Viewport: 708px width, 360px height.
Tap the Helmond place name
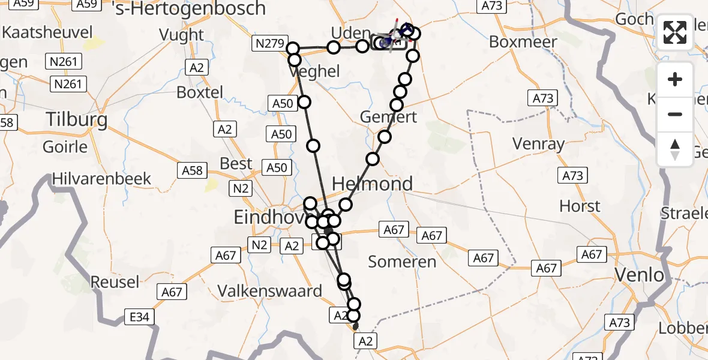(x=372, y=184)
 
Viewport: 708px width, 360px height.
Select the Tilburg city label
(x=78, y=120)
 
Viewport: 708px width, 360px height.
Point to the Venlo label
(x=640, y=275)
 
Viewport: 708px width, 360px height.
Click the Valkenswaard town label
(x=269, y=291)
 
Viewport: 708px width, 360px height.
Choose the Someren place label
(x=402, y=262)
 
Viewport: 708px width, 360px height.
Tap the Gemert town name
(x=388, y=116)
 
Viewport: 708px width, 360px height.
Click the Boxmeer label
(x=523, y=42)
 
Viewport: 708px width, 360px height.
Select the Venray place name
(x=538, y=144)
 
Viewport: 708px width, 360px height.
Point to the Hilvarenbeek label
(x=102, y=179)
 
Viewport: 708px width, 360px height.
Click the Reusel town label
(x=115, y=281)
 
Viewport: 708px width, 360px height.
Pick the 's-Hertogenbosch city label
(x=189, y=8)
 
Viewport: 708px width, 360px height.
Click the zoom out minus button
(x=675, y=114)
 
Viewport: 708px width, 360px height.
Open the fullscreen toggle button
(x=675, y=32)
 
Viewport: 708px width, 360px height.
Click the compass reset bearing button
(x=675, y=149)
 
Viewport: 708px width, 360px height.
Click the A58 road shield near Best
(x=193, y=171)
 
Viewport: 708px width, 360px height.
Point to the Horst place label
(x=580, y=206)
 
